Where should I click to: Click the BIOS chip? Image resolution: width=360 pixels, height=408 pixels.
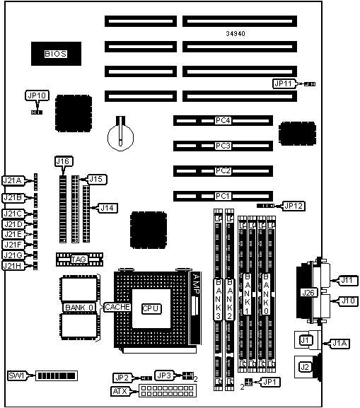[56, 54]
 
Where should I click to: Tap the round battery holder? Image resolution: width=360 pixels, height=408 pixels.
[120, 137]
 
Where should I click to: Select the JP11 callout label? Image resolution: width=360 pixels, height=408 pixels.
[284, 83]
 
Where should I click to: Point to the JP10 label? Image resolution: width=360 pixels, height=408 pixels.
[37, 95]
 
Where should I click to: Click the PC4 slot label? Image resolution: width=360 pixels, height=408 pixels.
[223, 121]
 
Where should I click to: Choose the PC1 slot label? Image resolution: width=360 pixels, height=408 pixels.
[223, 196]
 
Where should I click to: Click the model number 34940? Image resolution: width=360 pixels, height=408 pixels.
[236, 33]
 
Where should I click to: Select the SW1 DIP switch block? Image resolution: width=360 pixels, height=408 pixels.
[57, 375]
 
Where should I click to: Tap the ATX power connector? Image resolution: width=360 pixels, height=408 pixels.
[168, 390]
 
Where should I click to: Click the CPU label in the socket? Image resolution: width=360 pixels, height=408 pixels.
[151, 308]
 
